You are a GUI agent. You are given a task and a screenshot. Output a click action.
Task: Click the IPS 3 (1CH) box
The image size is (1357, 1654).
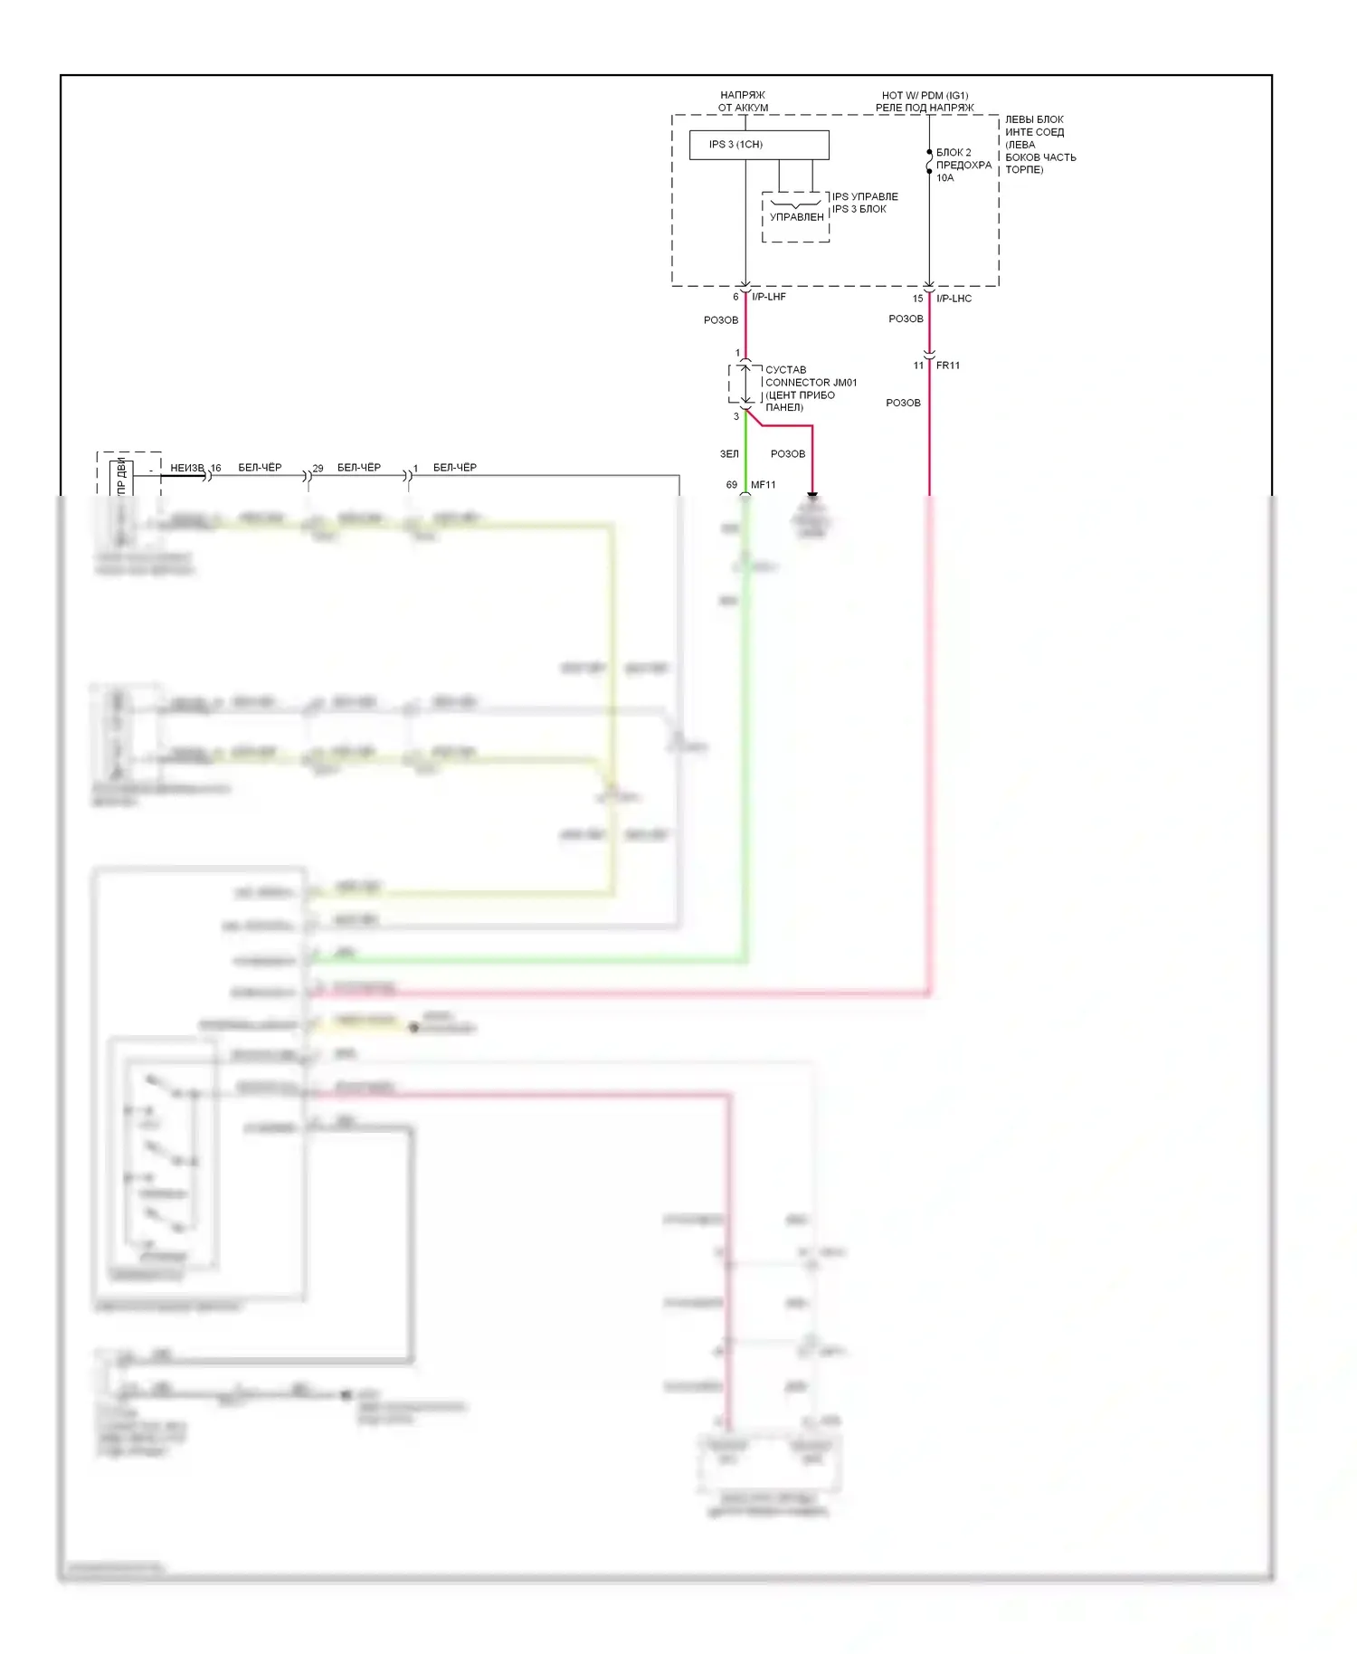pyautogui.click(x=758, y=145)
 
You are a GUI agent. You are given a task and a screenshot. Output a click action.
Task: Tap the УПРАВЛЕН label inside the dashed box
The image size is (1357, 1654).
pyautogui.click(x=796, y=217)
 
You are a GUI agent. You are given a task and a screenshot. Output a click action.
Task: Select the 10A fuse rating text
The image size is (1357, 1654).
pyautogui.click(x=944, y=178)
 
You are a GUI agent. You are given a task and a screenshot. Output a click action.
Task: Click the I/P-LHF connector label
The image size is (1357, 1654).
pyautogui.click(x=769, y=297)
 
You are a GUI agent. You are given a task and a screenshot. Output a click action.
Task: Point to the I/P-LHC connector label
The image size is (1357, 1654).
pyautogui.click(x=954, y=299)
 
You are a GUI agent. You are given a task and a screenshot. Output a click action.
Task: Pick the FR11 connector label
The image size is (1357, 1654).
pyautogui.click(x=948, y=366)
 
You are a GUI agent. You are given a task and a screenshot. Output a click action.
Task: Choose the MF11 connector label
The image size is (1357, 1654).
pyautogui.click(x=763, y=485)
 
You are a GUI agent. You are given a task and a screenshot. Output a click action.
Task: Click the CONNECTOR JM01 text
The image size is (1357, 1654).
pyautogui.click(x=811, y=383)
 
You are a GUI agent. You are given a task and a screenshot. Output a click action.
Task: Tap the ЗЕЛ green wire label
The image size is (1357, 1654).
pyautogui.click(x=729, y=454)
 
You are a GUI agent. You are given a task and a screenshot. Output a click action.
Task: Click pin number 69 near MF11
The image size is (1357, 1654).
pyautogui.click(x=731, y=485)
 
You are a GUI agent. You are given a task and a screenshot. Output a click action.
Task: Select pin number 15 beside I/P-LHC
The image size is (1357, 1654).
pyautogui.click(x=917, y=299)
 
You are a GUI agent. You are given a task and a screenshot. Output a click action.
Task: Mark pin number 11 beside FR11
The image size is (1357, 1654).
pyautogui.click(x=918, y=366)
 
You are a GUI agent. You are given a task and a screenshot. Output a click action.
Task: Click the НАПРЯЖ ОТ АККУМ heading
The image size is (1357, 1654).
pyautogui.click(x=743, y=101)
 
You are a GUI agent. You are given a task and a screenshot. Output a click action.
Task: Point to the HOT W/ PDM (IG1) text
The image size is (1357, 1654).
pyautogui.click(x=925, y=95)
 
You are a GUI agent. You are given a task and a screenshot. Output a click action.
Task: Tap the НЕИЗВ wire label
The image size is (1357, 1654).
pyautogui.click(x=186, y=468)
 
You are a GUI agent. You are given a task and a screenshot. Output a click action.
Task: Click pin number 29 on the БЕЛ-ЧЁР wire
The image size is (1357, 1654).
pyautogui.click(x=318, y=469)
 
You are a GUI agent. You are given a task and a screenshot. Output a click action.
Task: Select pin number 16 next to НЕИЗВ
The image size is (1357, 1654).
pyautogui.click(x=215, y=469)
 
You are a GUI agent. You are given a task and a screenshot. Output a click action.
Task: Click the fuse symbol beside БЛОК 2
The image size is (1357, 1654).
pyautogui.click(x=929, y=162)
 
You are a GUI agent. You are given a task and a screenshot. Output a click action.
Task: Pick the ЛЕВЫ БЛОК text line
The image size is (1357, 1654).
pyautogui.click(x=1034, y=119)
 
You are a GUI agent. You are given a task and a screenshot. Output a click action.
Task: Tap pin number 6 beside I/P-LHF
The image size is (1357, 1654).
pyautogui.click(x=735, y=297)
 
